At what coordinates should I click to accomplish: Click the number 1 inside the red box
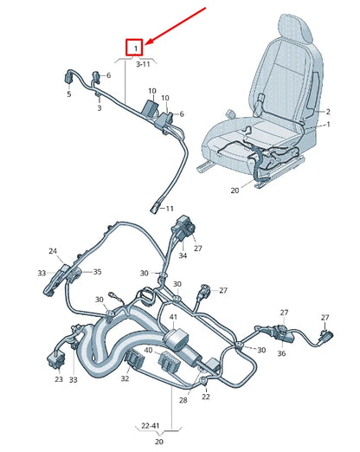(x=135, y=48)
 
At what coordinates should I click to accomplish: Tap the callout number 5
(x=69, y=94)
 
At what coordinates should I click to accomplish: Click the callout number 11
(x=170, y=209)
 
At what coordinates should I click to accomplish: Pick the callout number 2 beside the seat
(x=327, y=112)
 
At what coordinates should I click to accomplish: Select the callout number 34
(x=183, y=255)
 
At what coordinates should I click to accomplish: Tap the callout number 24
(x=53, y=252)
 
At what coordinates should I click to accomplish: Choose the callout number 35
(x=97, y=272)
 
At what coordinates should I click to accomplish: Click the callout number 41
(x=173, y=319)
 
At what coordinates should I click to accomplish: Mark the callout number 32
(x=125, y=378)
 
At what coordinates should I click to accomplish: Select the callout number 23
(x=59, y=379)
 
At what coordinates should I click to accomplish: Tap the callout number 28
(x=183, y=401)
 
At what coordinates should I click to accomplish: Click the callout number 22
(x=205, y=397)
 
